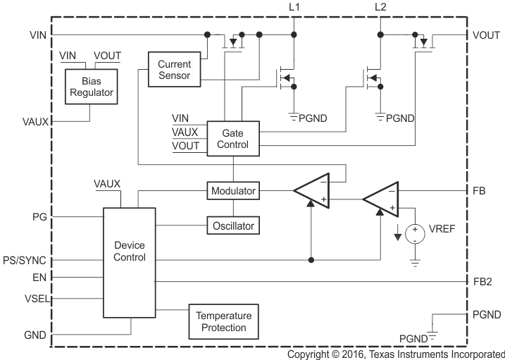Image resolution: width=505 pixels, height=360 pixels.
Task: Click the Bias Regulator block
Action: [x=89, y=87]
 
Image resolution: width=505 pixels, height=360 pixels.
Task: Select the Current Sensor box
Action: [x=174, y=69]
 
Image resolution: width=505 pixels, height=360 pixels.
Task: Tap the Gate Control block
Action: [x=233, y=138]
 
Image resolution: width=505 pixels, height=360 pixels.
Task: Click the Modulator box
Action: [x=233, y=191]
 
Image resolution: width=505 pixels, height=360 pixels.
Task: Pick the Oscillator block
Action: [x=233, y=226]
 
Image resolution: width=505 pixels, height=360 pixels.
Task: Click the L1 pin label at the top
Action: [x=294, y=7]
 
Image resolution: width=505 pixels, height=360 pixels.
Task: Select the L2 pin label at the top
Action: [x=380, y=7]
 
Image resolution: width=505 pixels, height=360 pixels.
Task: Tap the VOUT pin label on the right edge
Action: [x=487, y=34]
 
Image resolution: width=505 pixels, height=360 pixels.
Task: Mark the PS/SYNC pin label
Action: [x=25, y=260]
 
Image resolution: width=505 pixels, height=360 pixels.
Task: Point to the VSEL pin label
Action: [x=35, y=298]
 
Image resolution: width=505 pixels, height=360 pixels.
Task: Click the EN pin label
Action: [x=40, y=278]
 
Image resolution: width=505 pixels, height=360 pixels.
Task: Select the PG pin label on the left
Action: [x=39, y=217]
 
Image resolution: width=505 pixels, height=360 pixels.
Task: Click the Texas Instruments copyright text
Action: [x=396, y=354]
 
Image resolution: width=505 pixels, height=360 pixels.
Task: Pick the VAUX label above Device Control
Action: [x=107, y=184]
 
